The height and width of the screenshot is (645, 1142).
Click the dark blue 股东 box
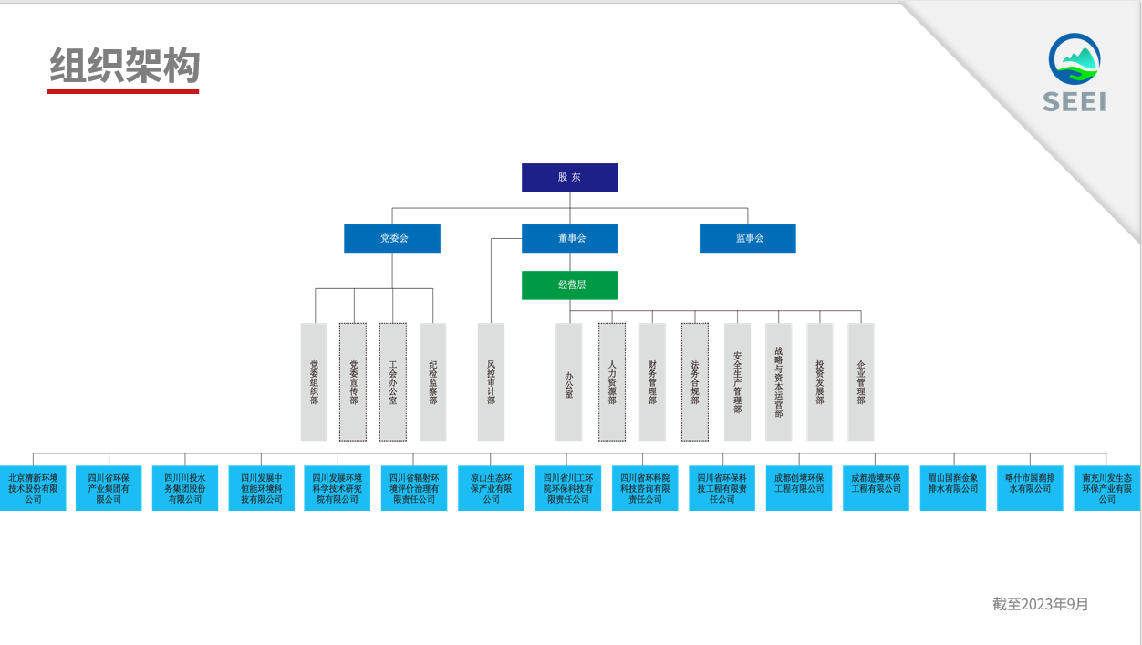click(x=569, y=177)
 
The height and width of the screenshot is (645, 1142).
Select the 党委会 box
click(x=392, y=238)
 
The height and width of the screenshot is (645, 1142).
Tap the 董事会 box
click(x=569, y=238)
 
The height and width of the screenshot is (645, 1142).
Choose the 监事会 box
click(x=747, y=238)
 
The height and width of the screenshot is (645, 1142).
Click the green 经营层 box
click(x=569, y=285)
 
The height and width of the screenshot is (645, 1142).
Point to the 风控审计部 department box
click(x=491, y=381)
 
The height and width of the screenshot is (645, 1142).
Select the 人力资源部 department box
click(x=612, y=381)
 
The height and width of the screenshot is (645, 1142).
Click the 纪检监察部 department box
click(x=433, y=381)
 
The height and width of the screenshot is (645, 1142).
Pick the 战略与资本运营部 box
click(x=778, y=381)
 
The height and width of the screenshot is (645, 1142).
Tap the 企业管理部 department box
click(x=861, y=381)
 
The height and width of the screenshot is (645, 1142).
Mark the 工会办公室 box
click(x=393, y=381)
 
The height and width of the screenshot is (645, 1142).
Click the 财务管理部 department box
click(x=652, y=381)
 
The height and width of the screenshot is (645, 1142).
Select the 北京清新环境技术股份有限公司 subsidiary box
click(x=33, y=488)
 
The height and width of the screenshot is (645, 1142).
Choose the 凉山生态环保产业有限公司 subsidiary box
click(x=491, y=488)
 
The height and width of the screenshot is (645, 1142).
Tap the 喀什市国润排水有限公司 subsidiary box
click(x=1030, y=488)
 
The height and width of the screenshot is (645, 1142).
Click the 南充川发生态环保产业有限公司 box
click(x=1106, y=488)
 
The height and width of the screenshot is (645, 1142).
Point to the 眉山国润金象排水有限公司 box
click(x=953, y=488)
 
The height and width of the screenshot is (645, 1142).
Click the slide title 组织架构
click(x=124, y=66)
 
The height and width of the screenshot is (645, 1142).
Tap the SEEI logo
click(x=1075, y=73)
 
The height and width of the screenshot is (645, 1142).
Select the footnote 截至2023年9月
click(x=1041, y=604)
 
